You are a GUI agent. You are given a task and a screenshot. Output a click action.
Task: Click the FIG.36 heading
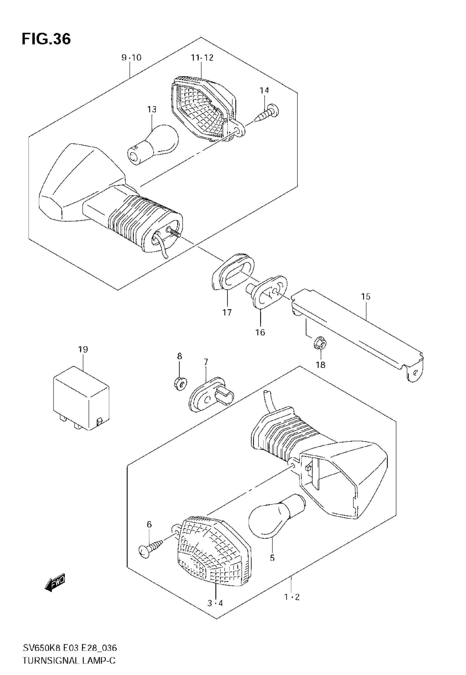coord(46,39)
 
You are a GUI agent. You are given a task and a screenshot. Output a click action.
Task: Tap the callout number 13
coord(152,109)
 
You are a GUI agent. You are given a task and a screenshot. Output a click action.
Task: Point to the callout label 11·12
coord(202,58)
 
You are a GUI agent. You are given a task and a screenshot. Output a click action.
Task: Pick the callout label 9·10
coord(131,58)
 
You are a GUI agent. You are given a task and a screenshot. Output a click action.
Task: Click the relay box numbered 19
coord(81,398)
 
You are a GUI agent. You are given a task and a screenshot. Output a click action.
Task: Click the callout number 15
coord(366,297)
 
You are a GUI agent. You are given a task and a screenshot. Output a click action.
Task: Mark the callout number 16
coord(260,332)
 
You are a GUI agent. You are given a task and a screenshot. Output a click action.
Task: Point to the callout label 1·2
coord(292,597)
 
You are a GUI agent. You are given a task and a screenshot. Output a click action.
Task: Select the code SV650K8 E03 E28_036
coord(70,648)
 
